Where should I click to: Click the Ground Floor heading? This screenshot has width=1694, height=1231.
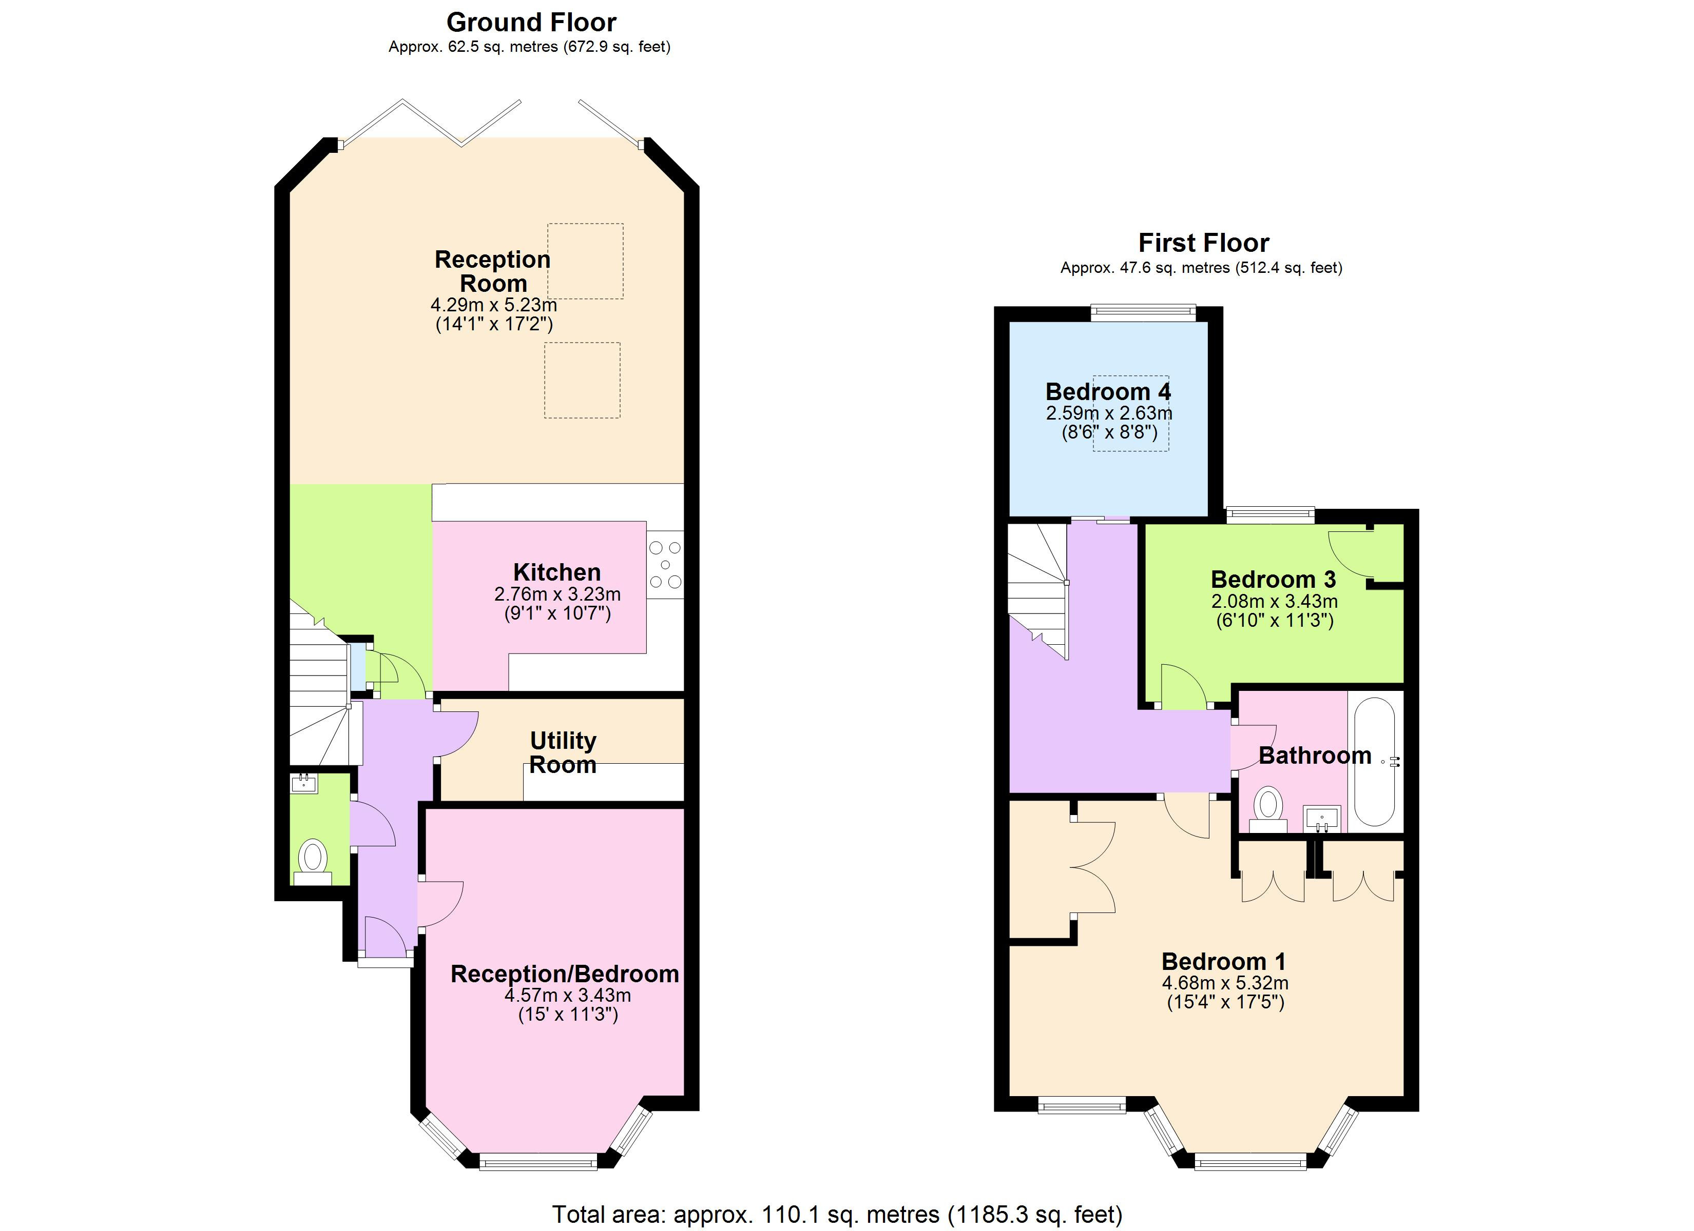click(x=531, y=23)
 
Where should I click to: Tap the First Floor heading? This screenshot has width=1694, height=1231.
click(x=1203, y=243)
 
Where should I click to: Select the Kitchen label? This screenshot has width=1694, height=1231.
click(x=556, y=572)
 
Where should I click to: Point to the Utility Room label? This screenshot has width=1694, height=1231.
click(x=563, y=752)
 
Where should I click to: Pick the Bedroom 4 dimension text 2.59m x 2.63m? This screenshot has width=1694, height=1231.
click(x=1108, y=413)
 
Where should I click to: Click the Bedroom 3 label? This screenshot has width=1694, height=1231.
click(x=1273, y=579)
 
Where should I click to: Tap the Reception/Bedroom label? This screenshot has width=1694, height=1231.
click(x=565, y=974)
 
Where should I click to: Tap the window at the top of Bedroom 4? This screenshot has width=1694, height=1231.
click(x=1143, y=313)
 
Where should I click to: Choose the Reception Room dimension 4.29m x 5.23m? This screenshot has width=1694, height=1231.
click(x=493, y=305)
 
